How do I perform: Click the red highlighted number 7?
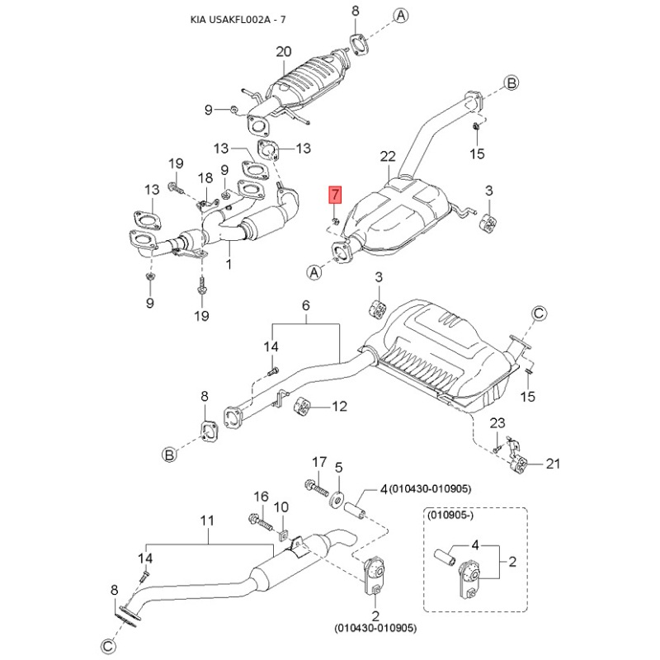point(334,196)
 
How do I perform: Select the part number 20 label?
point(283,51)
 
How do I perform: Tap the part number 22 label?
point(389,157)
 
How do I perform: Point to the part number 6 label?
point(305,307)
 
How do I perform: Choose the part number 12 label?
point(340,406)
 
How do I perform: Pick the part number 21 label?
point(552,464)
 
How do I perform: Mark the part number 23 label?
point(497,424)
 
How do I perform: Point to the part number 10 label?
point(280,507)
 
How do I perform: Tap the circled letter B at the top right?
point(511,83)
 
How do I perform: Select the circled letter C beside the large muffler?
point(538,313)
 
